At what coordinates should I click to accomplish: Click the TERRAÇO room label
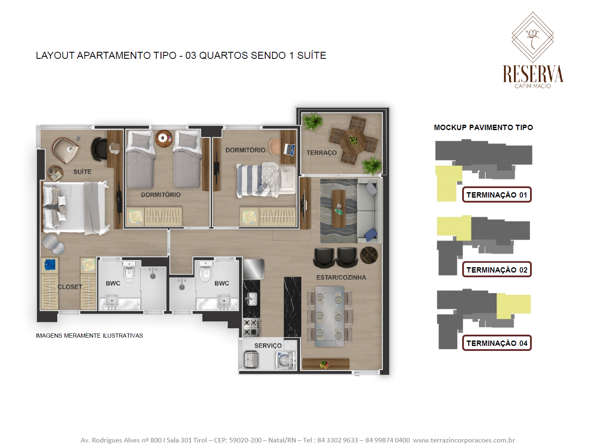pos(321,153)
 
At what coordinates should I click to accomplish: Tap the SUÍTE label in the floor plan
pos(82,172)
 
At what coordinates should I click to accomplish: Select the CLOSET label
pos(70,287)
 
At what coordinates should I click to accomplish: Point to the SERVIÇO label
pos(268,346)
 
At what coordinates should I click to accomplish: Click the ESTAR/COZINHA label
pos(341,278)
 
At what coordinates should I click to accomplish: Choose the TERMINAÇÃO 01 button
pos(497,195)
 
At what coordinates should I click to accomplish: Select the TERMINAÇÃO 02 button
pos(497,270)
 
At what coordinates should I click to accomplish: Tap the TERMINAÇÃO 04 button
pos(497,343)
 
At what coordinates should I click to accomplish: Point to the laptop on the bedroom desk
pos(289,150)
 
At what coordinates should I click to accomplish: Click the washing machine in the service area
pos(286,360)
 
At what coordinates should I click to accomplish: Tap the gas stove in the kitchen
pos(251,327)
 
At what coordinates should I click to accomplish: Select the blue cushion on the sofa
pos(370,234)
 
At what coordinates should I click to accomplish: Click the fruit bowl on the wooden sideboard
pos(324,364)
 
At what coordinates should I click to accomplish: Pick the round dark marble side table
pos(369,255)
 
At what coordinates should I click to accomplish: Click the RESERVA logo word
pos(533,74)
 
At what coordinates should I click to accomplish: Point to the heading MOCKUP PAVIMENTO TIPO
pos(483,127)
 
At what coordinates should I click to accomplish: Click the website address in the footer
pos(464,440)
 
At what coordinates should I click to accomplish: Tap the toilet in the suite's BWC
pos(129,271)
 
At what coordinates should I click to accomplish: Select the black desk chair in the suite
pos(99,149)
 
